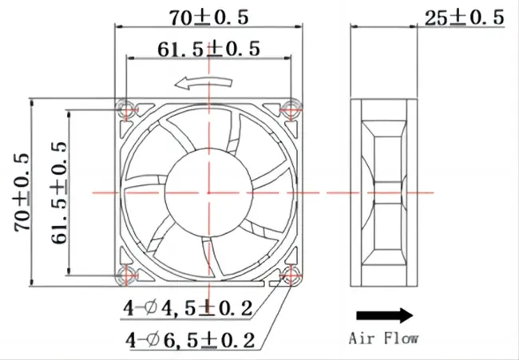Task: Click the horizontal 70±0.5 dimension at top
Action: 209,15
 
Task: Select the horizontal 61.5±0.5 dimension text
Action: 209,49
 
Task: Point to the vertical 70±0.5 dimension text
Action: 22,192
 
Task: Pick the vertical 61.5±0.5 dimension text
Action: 57,192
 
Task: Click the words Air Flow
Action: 383,338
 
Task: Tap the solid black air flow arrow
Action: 383,314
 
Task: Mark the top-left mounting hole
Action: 125,108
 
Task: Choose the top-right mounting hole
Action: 292,108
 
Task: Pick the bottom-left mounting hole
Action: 125,276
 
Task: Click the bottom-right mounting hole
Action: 292,276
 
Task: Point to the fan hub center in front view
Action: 208,192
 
